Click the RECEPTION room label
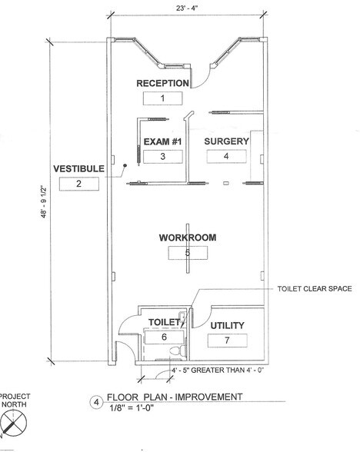(162, 83)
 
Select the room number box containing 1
(162, 98)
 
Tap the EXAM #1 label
(162, 142)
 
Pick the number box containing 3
(162, 156)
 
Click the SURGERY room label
(226, 141)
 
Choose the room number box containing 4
(226, 156)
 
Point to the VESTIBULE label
(78, 168)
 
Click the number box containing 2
(78, 183)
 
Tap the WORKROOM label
(187, 238)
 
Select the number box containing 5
(187, 252)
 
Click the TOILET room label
(164, 322)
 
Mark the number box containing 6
(164, 337)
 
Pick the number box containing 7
(226, 340)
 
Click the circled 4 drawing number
(96, 401)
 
